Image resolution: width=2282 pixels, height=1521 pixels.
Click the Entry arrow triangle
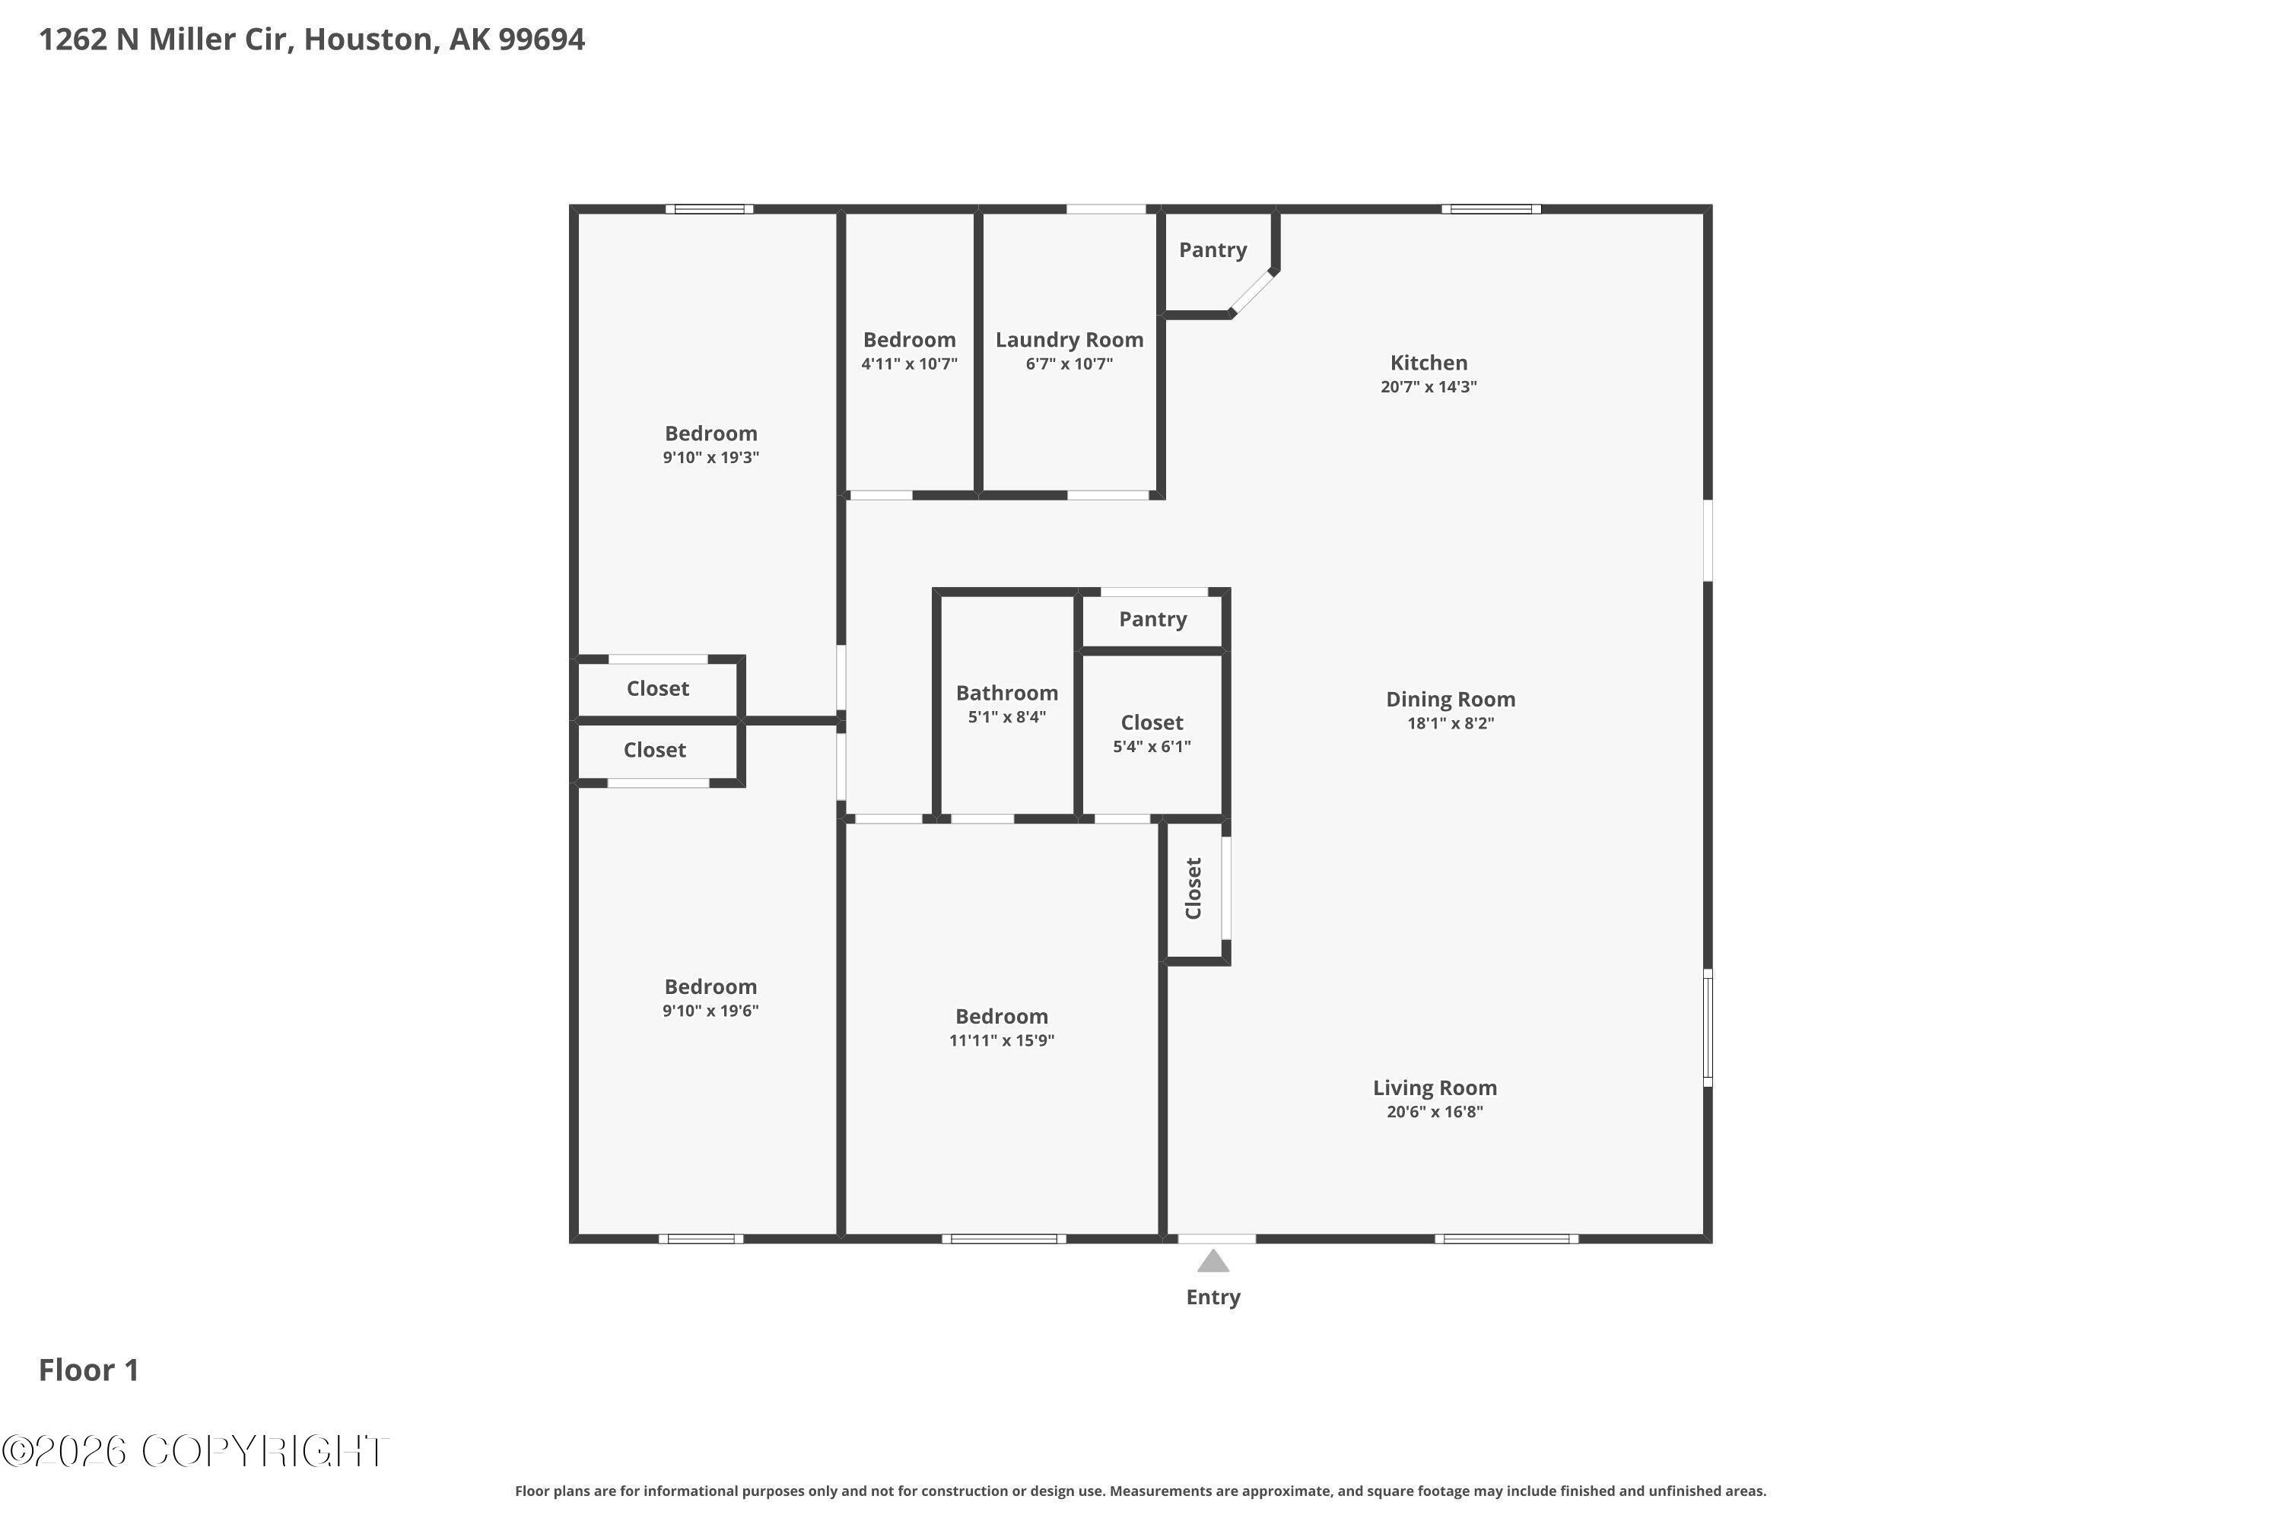pyautogui.click(x=1213, y=1262)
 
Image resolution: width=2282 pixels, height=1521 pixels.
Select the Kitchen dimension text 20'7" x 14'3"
pyautogui.click(x=1429, y=387)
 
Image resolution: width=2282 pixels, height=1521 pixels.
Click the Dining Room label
pyautogui.click(x=1451, y=700)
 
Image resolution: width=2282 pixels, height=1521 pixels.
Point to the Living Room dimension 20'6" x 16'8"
pyautogui.click(x=1434, y=1113)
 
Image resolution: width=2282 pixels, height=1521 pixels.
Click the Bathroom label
pyautogui.click(x=1007, y=693)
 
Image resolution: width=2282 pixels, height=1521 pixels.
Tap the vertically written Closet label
pyautogui.click(x=1193, y=888)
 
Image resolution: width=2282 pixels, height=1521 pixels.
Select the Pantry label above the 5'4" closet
pyautogui.click(x=1152, y=620)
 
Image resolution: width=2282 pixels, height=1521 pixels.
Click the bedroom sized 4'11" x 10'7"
pyautogui.click(x=909, y=351)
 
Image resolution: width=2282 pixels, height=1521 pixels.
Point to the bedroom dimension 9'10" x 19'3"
pyautogui.click(x=710, y=458)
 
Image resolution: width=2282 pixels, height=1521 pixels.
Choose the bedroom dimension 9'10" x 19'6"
pyautogui.click(x=710, y=1011)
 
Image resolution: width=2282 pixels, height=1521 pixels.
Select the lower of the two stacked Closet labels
pyautogui.click(x=655, y=750)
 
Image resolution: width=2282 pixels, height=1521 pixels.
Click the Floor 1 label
pyautogui.click(x=88, y=1370)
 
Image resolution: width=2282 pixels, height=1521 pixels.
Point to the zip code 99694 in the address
pyautogui.click(x=542, y=40)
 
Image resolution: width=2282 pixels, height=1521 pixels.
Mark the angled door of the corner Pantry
pyautogui.click(x=1253, y=292)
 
